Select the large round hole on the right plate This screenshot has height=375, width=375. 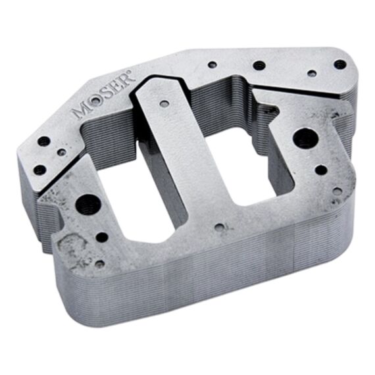click(x=303, y=139)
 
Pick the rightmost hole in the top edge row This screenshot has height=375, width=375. click(x=339, y=64)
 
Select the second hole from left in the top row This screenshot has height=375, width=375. click(x=259, y=65)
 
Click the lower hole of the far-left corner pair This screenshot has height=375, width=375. click(x=40, y=169)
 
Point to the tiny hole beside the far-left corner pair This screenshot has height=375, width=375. click(x=62, y=152)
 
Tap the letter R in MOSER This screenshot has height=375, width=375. click(x=125, y=82)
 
